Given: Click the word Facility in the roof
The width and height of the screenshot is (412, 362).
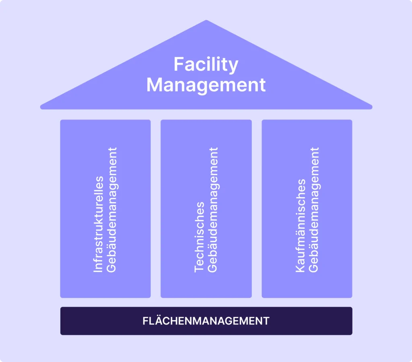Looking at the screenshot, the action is click(x=206, y=64).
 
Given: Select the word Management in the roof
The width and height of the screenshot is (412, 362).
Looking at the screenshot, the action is click(x=206, y=85).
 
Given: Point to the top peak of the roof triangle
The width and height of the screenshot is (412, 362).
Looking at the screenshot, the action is click(x=206, y=21).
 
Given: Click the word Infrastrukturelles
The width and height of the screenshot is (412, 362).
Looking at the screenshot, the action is click(x=99, y=224).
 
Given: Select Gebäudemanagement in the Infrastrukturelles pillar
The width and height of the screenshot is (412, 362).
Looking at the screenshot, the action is click(x=112, y=210).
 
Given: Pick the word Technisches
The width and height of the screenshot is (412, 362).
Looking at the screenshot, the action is click(x=199, y=237).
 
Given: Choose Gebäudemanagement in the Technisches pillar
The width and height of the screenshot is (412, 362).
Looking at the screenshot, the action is click(x=213, y=210).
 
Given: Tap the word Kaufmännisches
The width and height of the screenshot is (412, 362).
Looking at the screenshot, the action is click(x=300, y=226).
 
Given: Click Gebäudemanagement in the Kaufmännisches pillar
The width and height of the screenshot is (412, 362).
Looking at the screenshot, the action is click(x=314, y=210).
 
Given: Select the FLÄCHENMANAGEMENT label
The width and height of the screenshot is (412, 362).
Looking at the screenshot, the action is click(x=206, y=321).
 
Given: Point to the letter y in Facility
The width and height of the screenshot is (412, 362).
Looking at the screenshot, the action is click(x=233, y=68).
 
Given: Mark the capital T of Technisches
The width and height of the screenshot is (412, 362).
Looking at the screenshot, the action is click(x=199, y=268).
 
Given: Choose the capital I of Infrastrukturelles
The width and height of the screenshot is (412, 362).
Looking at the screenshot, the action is click(x=98, y=271).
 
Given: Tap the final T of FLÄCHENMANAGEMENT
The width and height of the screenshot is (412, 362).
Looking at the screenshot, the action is click(x=266, y=321).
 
